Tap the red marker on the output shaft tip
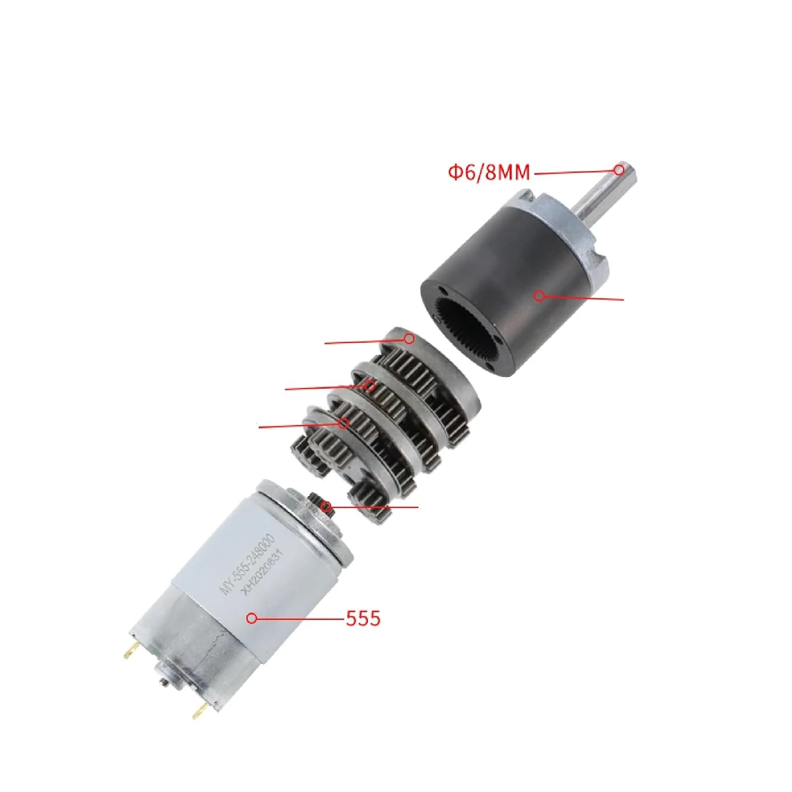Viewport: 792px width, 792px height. [618, 169]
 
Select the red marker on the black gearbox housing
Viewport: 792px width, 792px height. [538, 296]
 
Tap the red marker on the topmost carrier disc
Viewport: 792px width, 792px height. [409, 338]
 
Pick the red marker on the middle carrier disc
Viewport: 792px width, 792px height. [371, 386]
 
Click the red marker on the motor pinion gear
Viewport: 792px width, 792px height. [327, 508]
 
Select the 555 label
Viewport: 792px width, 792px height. [363, 618]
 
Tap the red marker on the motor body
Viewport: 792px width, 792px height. [252, 618]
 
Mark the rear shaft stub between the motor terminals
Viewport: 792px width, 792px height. [165, 685]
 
